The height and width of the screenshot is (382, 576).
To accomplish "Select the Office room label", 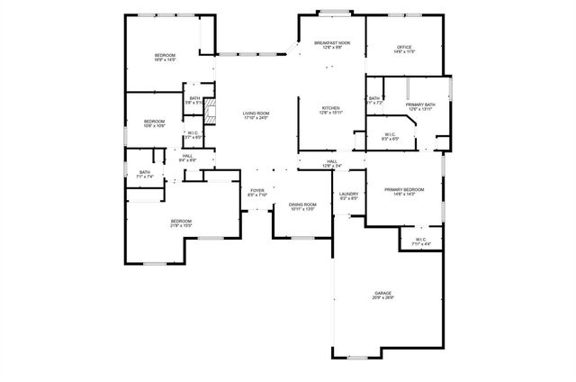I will point(404,50).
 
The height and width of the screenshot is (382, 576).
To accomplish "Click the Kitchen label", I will point(331,110).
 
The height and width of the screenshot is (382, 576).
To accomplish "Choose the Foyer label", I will point(257,192).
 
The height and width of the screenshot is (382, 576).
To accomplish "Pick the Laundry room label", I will point(349,196).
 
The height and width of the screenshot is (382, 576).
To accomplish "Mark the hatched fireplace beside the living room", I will point(211,114).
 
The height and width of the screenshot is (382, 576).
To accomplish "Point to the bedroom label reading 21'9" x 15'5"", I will point(182,223).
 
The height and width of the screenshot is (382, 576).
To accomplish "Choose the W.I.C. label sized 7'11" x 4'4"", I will point(420,241).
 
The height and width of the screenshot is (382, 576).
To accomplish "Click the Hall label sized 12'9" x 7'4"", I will point(331,164).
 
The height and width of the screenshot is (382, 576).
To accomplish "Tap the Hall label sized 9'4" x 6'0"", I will point(187,158).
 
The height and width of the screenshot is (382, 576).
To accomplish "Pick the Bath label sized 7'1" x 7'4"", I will point(145,175).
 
